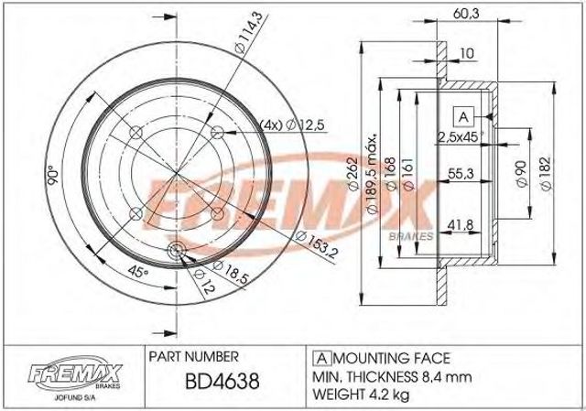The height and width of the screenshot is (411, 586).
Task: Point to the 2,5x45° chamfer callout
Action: pos(463,137)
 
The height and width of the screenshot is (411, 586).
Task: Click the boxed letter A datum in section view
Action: pos(462,116)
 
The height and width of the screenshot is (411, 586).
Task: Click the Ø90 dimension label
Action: pos(519,173)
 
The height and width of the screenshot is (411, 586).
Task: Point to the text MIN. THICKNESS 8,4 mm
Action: pos(386,376)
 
